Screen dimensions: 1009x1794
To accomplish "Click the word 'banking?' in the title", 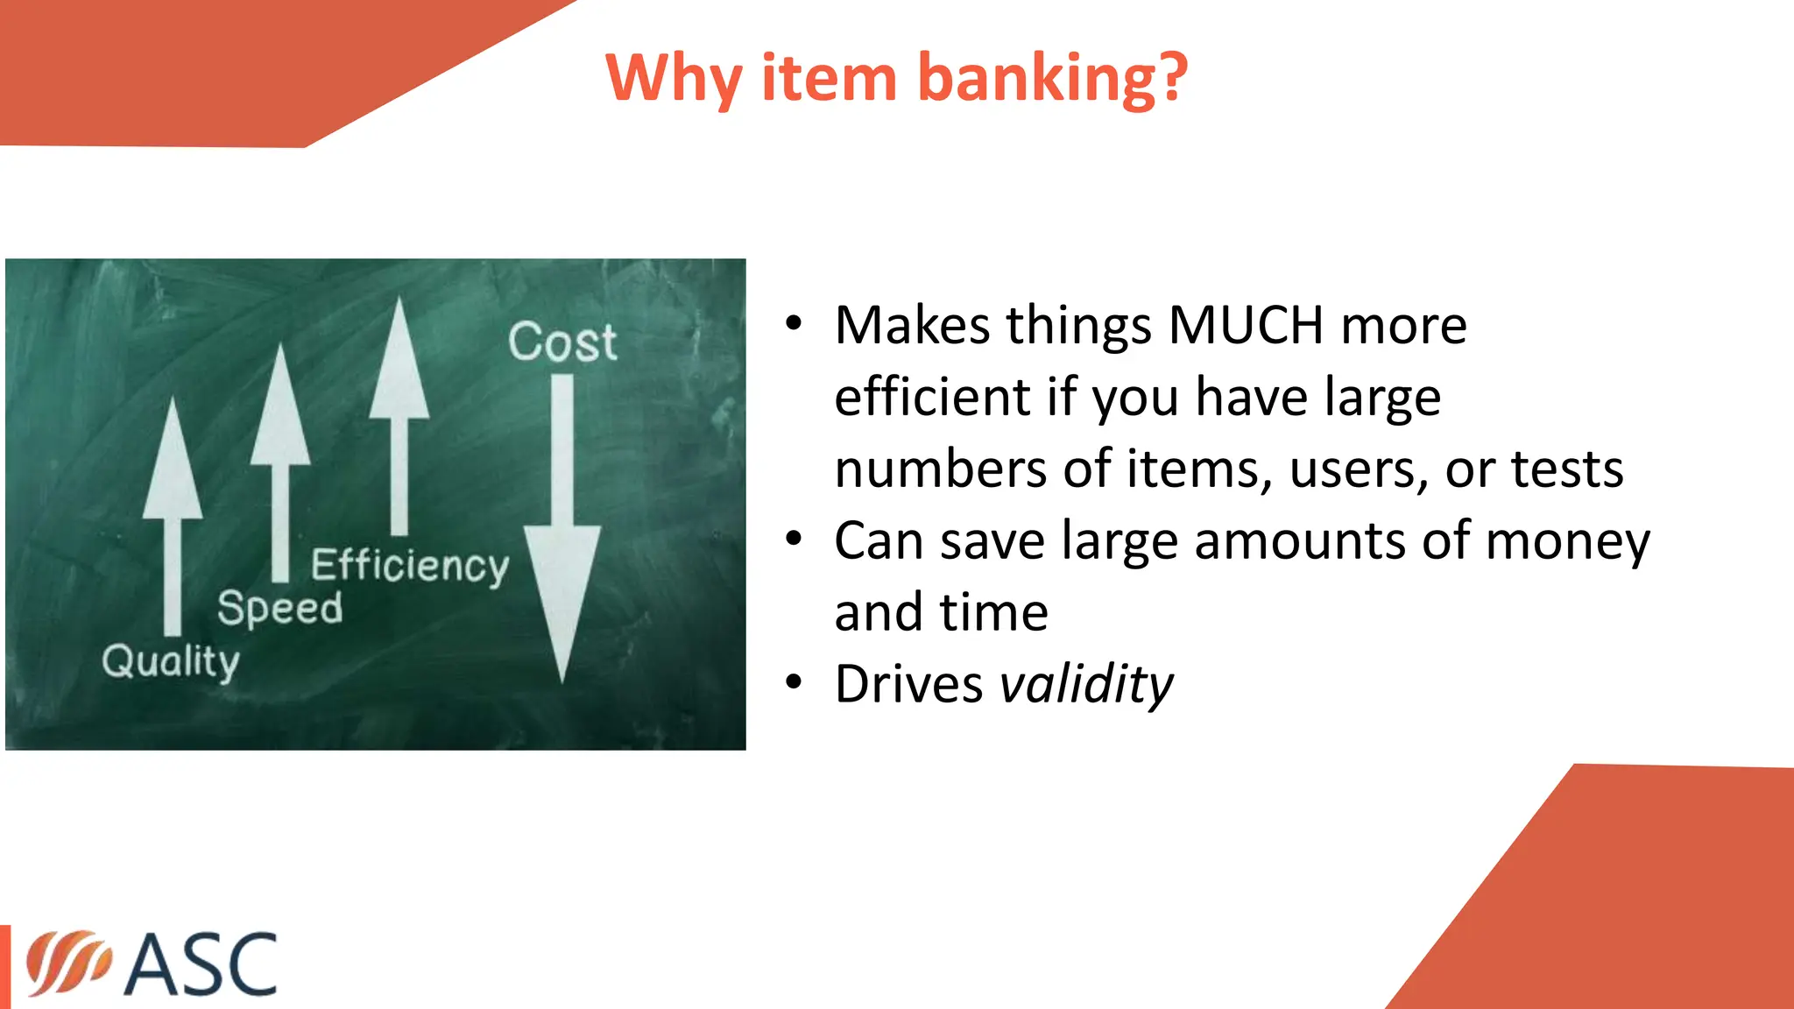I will tap(1053, 79).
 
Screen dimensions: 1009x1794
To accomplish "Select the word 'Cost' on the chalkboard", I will tap(562, 342).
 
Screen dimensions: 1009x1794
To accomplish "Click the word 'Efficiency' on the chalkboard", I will tap(409, 566).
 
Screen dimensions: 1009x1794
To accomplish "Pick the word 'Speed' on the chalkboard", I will tap(279, 608).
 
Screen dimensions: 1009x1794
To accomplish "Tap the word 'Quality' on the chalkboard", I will tap(170, 662).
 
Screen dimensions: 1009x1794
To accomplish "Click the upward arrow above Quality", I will tap(173, 517).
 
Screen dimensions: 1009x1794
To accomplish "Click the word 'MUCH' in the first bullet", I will tap(1246, 326).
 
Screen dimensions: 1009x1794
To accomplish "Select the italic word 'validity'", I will tap(1086, 684).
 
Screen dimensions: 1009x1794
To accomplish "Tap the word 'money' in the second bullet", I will tap(1568, 541).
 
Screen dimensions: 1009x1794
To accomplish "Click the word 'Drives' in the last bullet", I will tap(908, 684).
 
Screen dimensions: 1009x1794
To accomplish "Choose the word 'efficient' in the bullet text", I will tap(932, 398).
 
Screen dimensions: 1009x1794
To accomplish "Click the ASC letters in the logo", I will tap(201, 964).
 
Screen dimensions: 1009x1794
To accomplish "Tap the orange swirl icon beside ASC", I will tap(68, 963).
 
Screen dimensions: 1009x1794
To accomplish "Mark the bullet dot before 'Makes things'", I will tap(794, 324).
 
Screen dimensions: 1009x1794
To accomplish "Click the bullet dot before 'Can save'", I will tap(794, 539).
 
